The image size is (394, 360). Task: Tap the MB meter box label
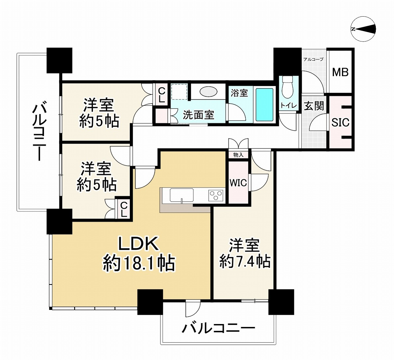point(340,72)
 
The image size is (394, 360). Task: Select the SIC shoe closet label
point(340,122)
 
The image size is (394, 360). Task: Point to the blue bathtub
point(265,105)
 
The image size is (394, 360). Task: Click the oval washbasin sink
point(208,92)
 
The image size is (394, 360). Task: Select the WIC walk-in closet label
point(238,183)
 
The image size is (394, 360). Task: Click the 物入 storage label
point(239,155)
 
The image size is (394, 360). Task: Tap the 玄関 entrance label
point(314,106)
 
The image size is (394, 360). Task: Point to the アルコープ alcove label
point(313,59)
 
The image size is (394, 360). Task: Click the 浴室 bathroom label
point(239,93)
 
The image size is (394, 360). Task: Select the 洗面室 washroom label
point(199,115)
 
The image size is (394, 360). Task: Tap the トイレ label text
point(288,105)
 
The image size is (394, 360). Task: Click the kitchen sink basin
point(182,195)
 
